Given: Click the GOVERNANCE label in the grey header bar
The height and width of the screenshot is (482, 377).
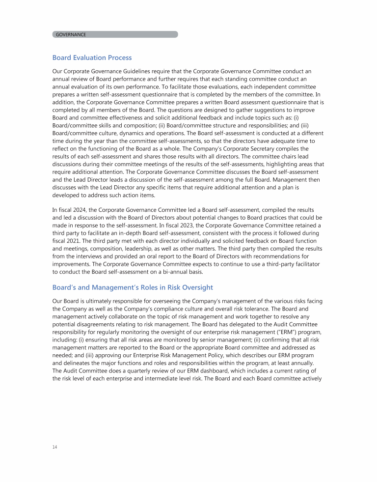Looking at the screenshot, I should point(71,34).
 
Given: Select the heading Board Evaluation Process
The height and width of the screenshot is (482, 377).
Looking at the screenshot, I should point(92,57).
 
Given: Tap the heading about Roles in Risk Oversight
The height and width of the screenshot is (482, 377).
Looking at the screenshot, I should point(133,287).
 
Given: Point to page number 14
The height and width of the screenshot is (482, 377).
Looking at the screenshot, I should point(54,447).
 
